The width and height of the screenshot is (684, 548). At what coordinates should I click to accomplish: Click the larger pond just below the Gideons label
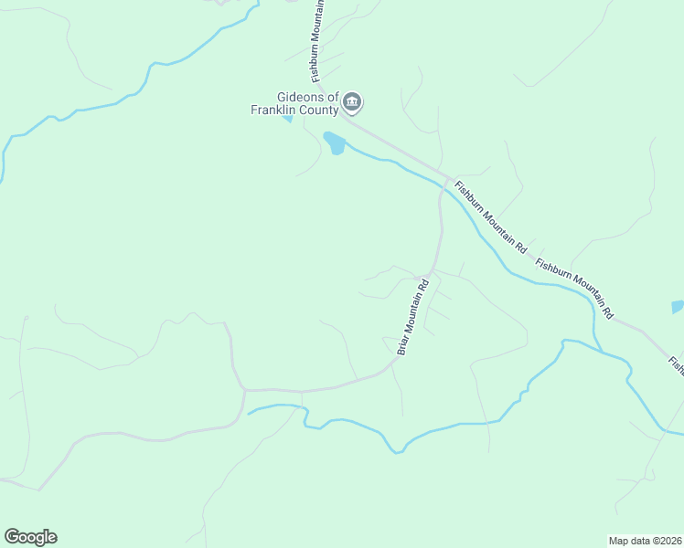pos(334,143)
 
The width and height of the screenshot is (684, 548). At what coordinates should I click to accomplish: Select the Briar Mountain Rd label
pos(412,316)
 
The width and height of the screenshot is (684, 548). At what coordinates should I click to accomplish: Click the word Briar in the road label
pos(402,343)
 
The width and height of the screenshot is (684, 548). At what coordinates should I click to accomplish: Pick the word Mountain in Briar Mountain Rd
pos(412,316)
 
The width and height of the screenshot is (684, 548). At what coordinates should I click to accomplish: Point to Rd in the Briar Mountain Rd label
pos(423,286)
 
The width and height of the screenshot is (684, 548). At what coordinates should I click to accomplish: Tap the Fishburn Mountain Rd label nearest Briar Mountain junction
pos(492,215)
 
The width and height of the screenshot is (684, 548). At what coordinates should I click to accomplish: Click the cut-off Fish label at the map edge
pos(675,365)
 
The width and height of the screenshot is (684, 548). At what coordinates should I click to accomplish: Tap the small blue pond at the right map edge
pos(678,307)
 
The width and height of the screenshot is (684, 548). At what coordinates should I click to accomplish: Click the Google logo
pos(30,537)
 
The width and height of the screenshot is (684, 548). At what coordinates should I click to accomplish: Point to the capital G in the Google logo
pos(12,536)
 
